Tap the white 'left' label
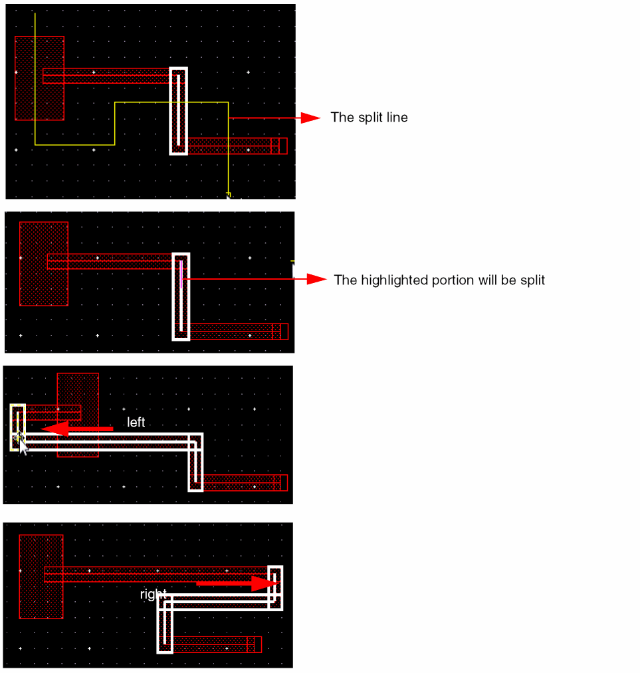pos(136,423)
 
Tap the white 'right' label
pos(154,594)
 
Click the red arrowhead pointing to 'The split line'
pos(310,118)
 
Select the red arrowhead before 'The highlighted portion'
pos(317,280)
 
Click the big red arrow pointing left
pos(77,429)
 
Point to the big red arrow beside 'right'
pos(237,584)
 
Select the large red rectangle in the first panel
pos(39,78)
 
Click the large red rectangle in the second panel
pos(44,264)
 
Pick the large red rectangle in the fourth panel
pos(41,577)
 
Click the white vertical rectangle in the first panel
pos(171,111)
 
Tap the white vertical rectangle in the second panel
pos(174,296)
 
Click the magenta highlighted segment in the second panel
pos(181,274)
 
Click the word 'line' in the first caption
pos(397,118)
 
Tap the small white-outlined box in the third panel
pos(11,427)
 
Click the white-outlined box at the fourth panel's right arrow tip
pos(269,588)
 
